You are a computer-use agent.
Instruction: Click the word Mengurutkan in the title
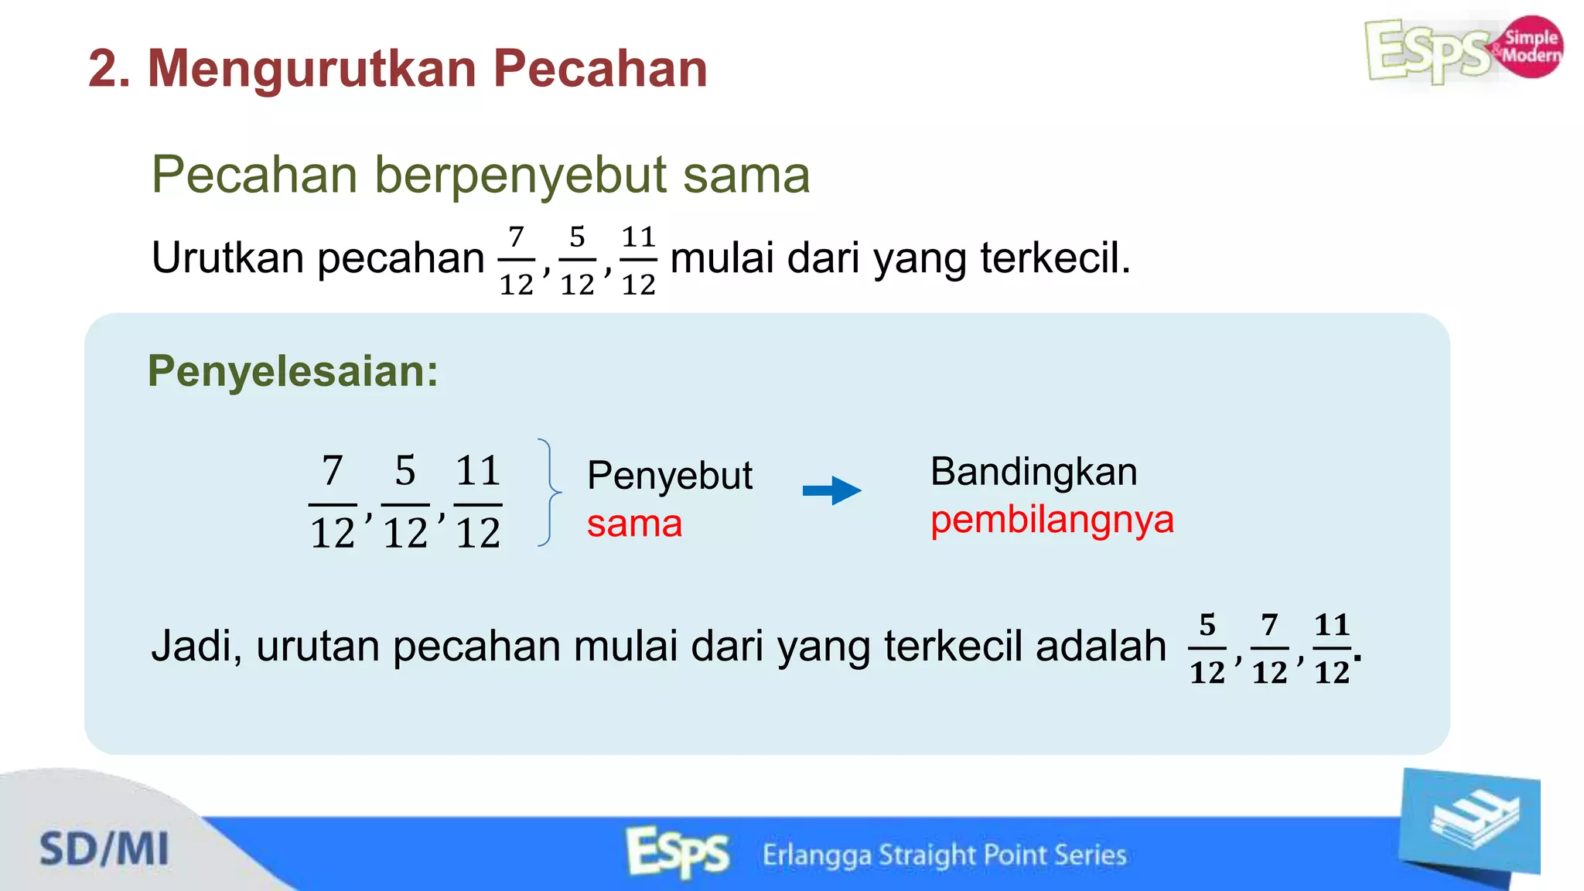pos(311,69)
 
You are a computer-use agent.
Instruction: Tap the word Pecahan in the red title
pos(600,69)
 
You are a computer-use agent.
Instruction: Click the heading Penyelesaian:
pos(293,371)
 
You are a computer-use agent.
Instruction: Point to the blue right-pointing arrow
pos(832,490)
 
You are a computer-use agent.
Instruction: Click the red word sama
pos(634,524)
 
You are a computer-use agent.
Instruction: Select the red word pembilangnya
pos(1052,520)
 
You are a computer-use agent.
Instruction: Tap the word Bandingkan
pos(1033,472)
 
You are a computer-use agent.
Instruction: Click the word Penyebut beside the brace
pos(669,475)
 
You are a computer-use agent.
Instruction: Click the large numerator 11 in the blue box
pos(477,471)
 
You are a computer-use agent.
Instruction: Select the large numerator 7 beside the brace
pos(332,471)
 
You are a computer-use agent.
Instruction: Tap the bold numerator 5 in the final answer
pos(1207,625)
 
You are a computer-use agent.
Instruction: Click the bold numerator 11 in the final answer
pos(1331,625)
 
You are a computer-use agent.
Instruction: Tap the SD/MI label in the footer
pos(104,849)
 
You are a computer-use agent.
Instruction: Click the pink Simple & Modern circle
pos(1531,46)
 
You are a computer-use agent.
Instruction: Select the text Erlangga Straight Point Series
pos(944,855)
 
